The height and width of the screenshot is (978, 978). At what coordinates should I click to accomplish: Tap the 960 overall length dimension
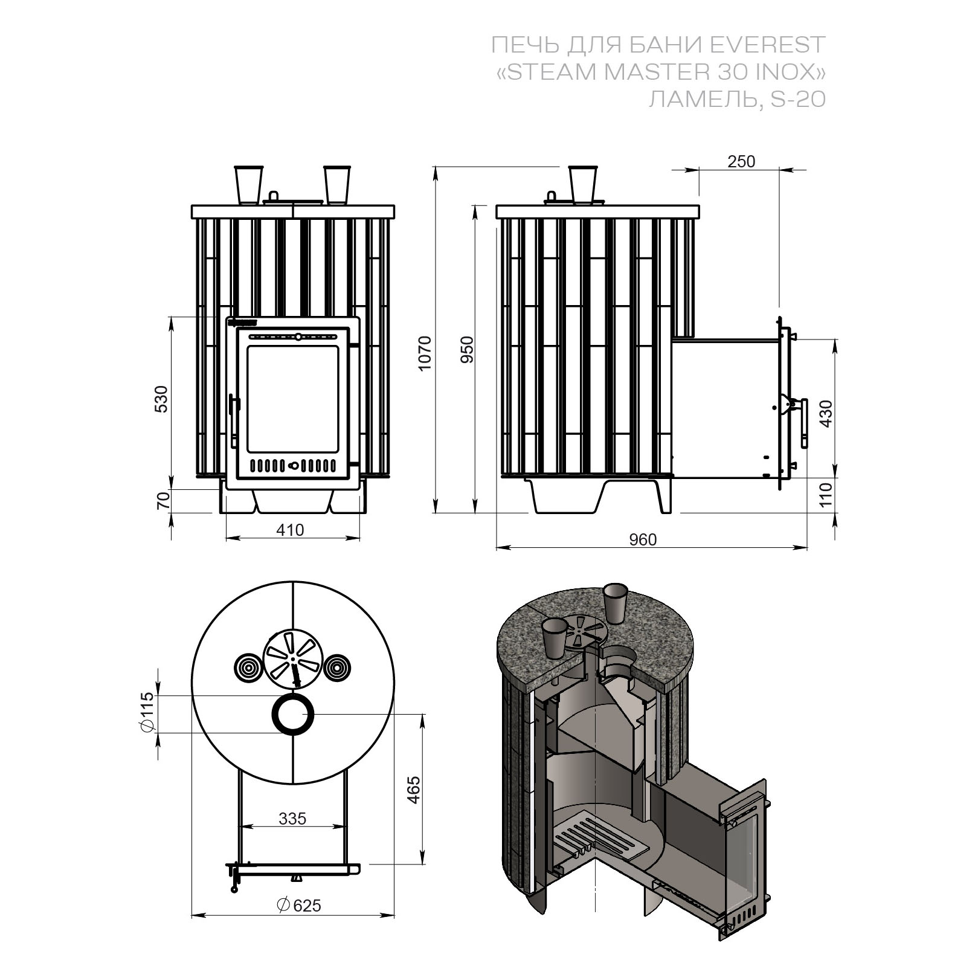click(642, 539)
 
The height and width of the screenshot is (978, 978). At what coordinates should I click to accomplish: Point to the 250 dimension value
click(741, 162)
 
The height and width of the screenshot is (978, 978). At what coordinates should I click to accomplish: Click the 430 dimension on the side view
click(826, 413)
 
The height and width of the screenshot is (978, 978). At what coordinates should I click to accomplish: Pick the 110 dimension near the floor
click(826, 494)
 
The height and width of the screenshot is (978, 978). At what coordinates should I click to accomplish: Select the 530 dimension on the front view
click(162, 399)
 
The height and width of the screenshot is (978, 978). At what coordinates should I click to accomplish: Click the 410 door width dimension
click(291, 530)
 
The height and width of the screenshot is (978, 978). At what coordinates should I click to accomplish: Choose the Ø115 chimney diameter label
click(146, 714)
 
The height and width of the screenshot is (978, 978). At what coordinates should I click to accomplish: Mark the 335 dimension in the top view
click(292, 819)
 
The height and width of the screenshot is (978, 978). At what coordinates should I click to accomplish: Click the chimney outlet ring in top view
click(293, 715)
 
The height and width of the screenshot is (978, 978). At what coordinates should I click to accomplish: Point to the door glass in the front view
click(292, 399)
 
